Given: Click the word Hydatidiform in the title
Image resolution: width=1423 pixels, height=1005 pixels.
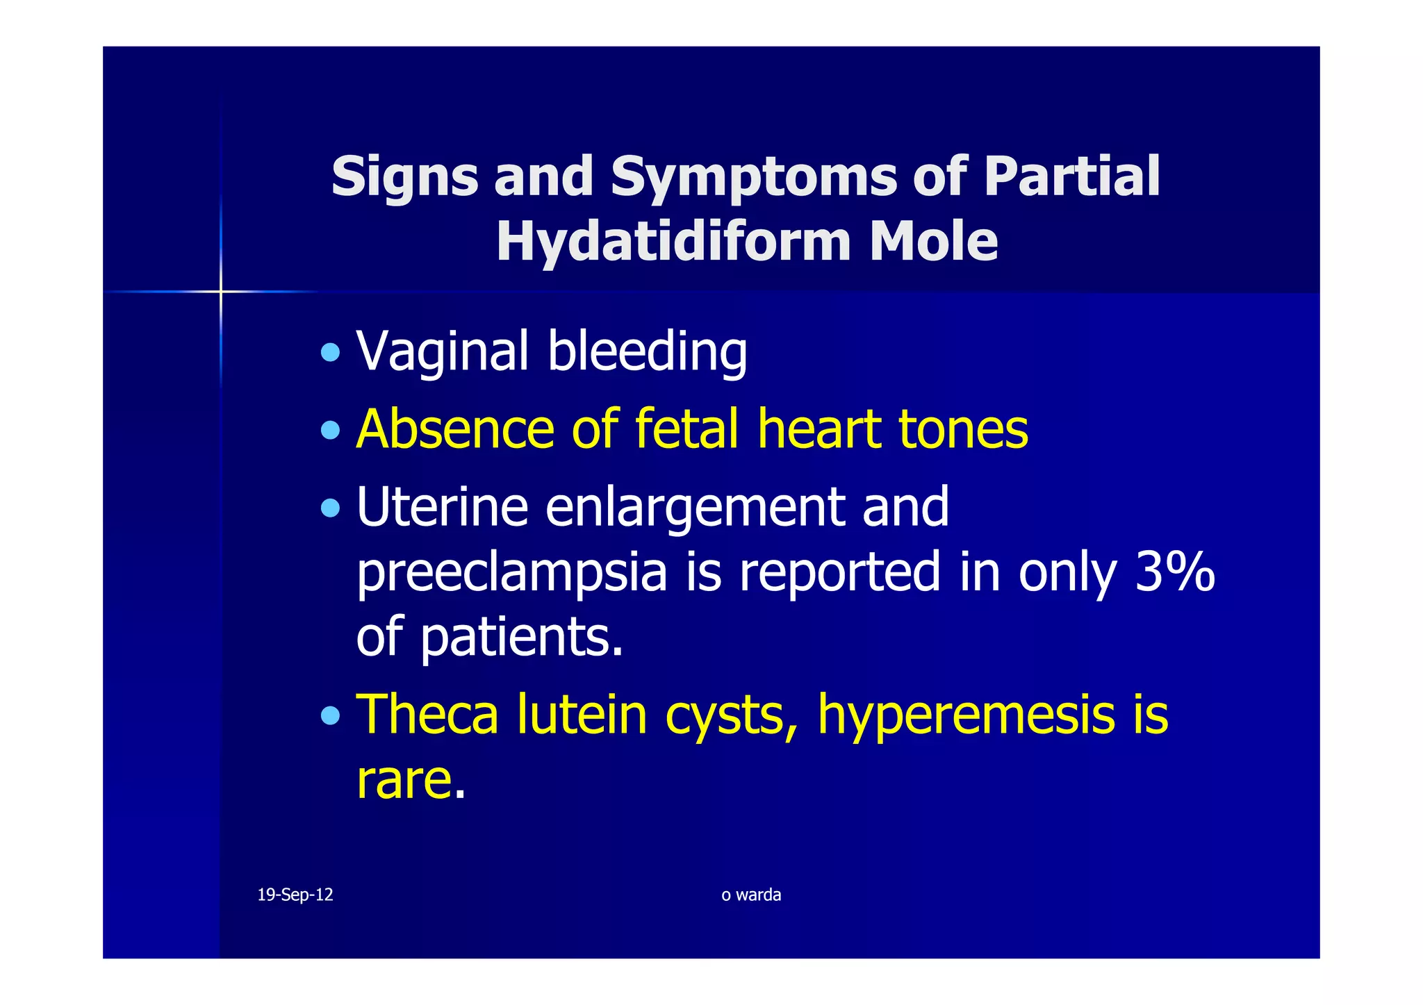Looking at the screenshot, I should click(x=673, y=242).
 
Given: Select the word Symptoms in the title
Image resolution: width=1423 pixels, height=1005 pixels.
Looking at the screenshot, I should click(x=754, y=176).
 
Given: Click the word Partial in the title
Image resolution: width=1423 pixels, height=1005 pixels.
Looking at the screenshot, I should click(x=1071, y=176).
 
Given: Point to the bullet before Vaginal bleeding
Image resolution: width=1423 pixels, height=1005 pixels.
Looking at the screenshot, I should click(x=331, y=353).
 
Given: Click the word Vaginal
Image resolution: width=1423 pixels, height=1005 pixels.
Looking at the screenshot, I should click(x=443, y=351).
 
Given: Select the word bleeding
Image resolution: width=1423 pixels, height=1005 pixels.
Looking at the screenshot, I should click(x=647, y=351).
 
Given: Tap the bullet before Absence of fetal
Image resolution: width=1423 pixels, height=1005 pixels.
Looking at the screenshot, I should click(x=331, y=431).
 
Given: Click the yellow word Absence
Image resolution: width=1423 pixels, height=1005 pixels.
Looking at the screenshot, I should click(x=454, y=429).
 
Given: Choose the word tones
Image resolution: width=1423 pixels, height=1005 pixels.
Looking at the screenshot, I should click(x=963, y=429).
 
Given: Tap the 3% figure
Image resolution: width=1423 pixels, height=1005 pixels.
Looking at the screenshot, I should click(x=1174, y=572).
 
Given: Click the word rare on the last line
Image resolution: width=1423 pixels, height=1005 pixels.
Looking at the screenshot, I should click(x=404, y=780).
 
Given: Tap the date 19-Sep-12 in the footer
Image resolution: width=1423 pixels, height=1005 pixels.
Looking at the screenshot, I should click(x=295, y=895).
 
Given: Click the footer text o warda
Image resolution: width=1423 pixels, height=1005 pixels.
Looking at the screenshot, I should click(x=751, y=895).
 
